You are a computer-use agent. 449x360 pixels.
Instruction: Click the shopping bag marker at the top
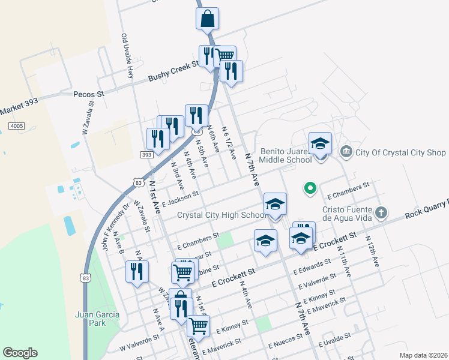point(207,19)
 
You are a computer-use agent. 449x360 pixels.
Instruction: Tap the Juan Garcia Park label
point(97,319)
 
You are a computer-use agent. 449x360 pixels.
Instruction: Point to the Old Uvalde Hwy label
point(127,56)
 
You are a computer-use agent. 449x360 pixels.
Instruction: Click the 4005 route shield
point(16,126)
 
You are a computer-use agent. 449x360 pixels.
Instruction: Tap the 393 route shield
point(146,155)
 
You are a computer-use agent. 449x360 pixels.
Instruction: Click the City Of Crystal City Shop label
point(401,152)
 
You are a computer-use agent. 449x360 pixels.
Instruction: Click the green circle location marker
point(310,189)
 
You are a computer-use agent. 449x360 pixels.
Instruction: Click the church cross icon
point(381,212)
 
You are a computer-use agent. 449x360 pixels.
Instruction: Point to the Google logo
point(20,353)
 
